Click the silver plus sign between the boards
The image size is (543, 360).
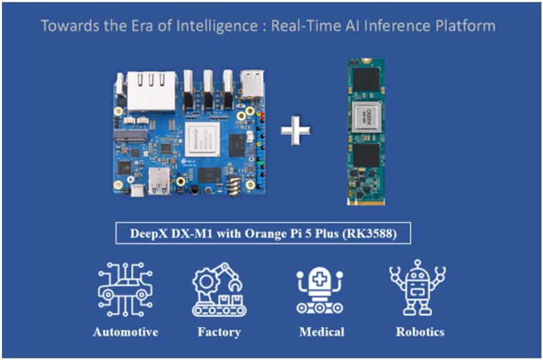click(295, 131)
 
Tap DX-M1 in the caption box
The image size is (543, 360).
click(187, 234)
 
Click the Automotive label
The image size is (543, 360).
click(126, 332)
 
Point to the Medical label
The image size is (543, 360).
click(322, 332)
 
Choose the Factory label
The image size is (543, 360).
click(219, 332)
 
